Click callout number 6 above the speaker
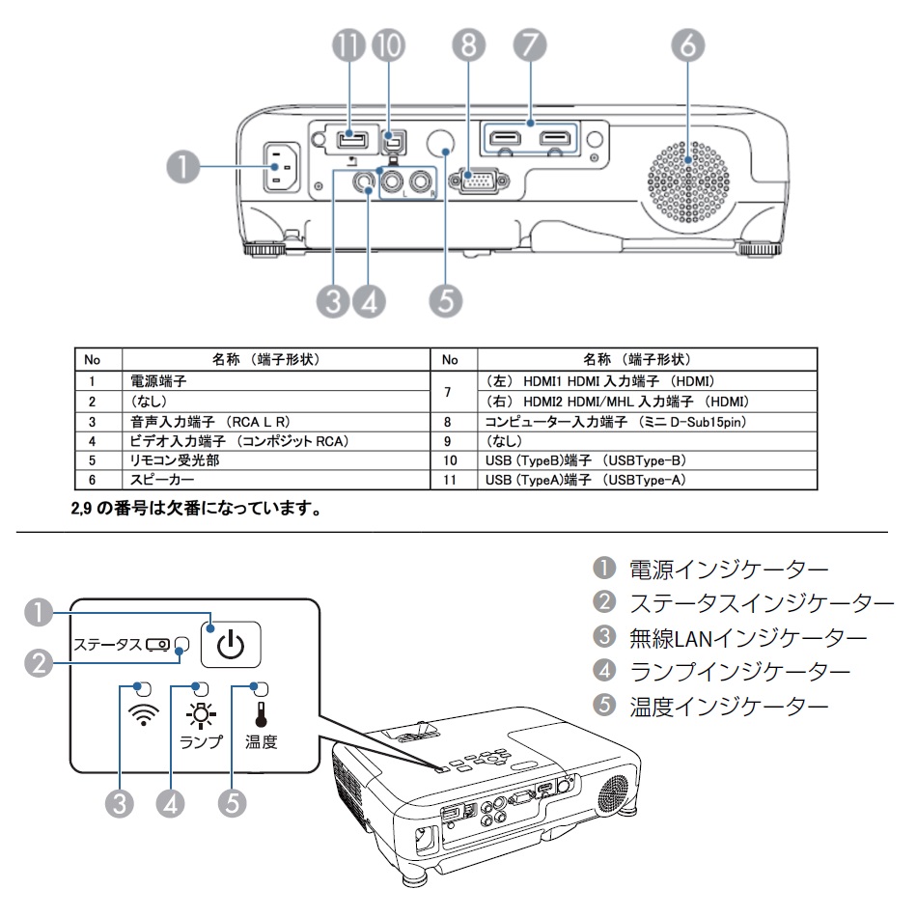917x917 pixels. pyautogui.click(x=689, y=45)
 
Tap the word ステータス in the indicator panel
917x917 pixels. pyautogui.click(x=107, y=644)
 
